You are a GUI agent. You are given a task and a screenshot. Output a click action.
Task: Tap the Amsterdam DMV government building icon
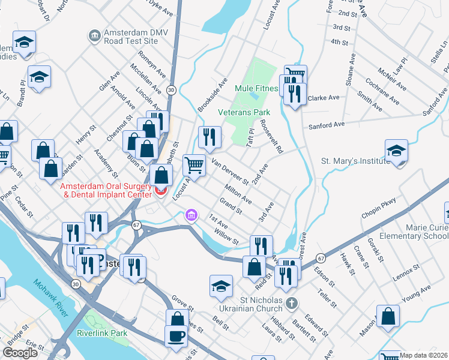click(94, 37)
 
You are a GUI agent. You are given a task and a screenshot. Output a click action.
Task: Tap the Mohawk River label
click(53, 293)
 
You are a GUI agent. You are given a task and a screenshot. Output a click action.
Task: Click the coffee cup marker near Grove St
click(176, 336)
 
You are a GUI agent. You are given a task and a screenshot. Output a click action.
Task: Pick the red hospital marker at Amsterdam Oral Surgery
click(160, 191)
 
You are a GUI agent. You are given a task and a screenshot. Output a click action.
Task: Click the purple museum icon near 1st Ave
click(191, 215)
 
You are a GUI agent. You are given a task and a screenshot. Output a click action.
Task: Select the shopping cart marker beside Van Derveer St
click(194, 164)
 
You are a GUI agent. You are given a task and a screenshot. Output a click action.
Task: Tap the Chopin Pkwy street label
click(379, 209)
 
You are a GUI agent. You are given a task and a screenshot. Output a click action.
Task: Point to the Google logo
click(20, 353)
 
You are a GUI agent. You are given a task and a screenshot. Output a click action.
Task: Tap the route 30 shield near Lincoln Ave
click(171, 90)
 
